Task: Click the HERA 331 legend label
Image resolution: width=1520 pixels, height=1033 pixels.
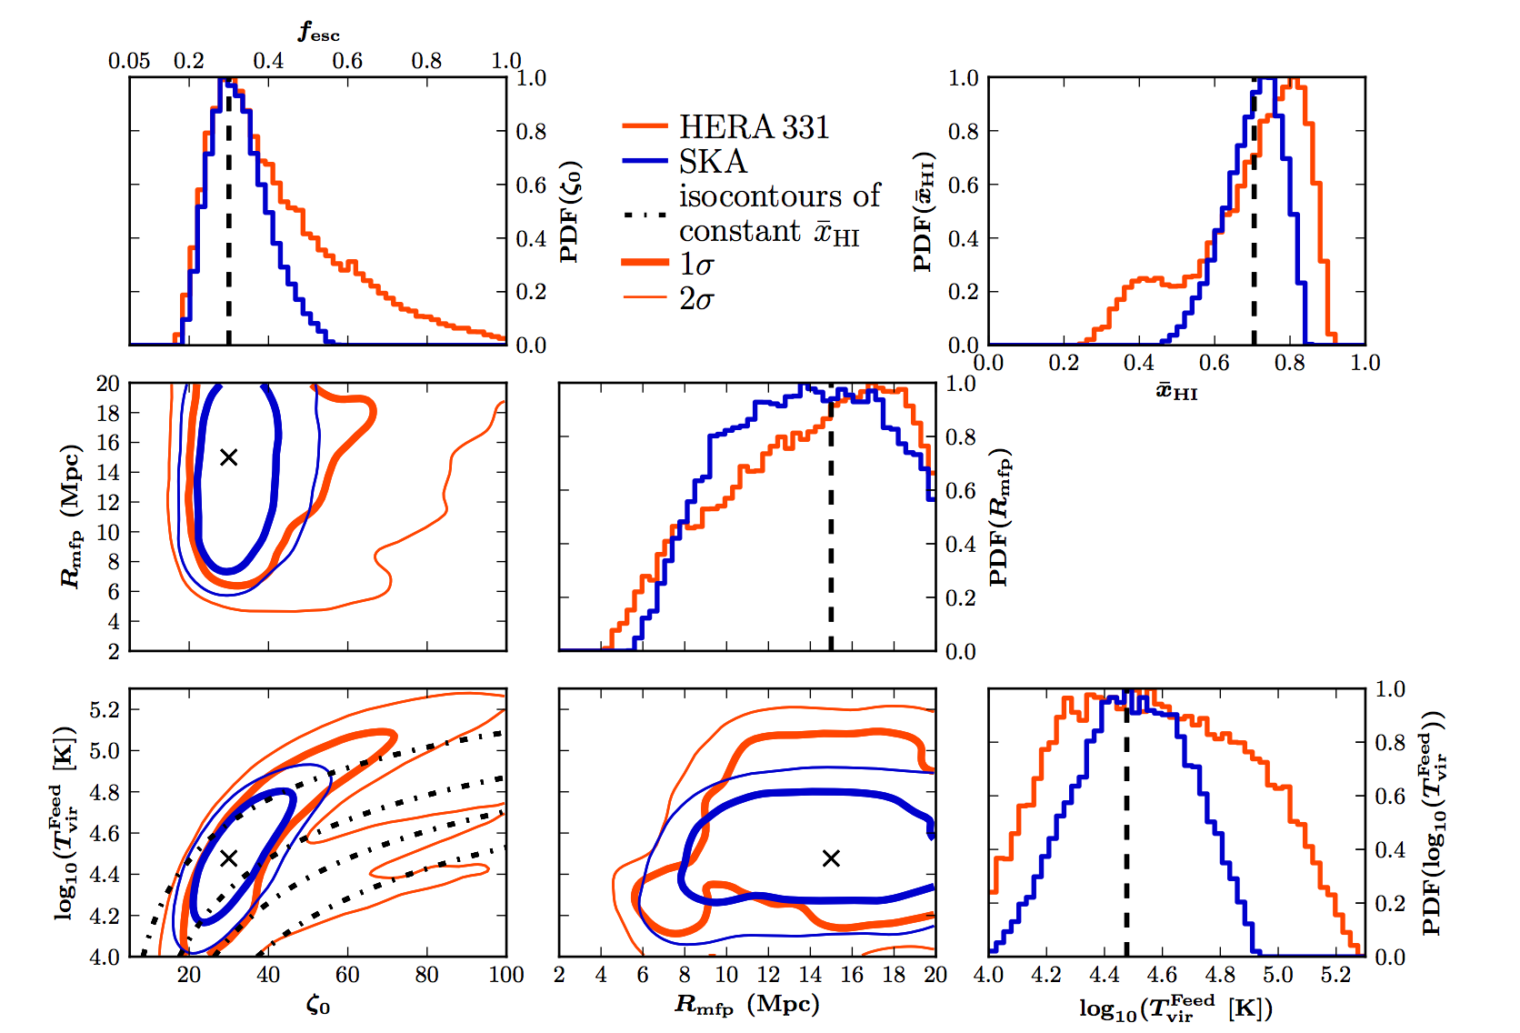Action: pyautogui.click(x=754, y=127)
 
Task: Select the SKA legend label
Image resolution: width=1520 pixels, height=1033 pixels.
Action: pyautogui.click(x=713, y=162)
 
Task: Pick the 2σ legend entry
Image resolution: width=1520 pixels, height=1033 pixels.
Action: pyautogui.click(x=696, y=298)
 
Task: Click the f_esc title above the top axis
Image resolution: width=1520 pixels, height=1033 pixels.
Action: pyautogui.click(x=319, y=33)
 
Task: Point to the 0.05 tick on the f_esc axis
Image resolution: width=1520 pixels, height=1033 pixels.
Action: pyautogui.click(x=129, y=61)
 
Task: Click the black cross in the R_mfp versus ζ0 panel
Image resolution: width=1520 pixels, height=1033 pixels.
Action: pyautogui.click(x=229, y=456)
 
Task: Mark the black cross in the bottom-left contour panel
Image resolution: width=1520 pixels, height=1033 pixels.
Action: pyautogui.click(x=229, y=857)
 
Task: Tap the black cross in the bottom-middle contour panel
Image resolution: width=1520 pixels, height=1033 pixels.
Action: pyautogui.click(x=831, y=857)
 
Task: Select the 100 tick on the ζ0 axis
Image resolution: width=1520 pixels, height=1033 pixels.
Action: pyautogui.click(x=506, y=975)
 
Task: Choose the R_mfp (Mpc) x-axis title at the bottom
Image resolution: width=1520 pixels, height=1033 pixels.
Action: pyautogui.click(x=747, y=1004)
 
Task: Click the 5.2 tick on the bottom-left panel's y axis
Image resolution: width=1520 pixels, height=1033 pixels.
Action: pyautogui.click(x=105, y=709)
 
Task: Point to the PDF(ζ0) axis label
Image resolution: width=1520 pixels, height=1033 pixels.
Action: pyautogui.click(x=570, y=212)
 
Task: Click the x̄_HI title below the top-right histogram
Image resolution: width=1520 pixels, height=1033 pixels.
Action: pyautogui.click(x=1176, y=392)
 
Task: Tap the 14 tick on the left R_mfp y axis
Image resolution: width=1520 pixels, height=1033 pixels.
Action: pyautogui.click(x=108, y=472)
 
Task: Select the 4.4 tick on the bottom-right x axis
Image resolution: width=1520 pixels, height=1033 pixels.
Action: pyautogui.click(x=1105, y=975)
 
